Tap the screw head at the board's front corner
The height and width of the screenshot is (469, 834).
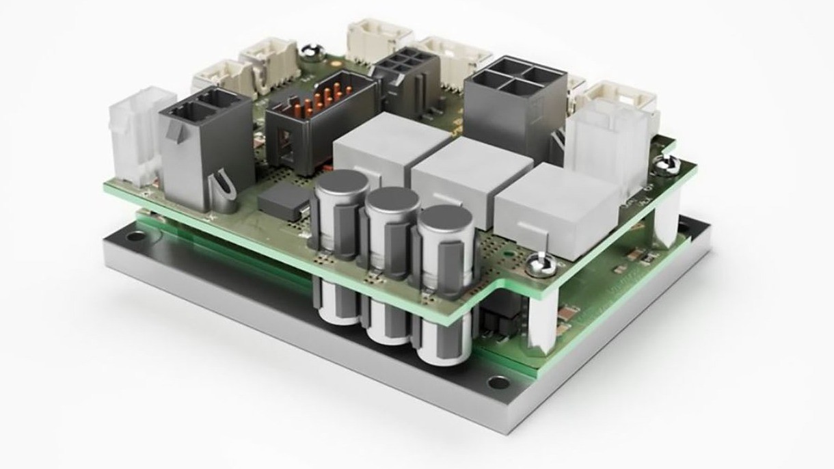point(538,260)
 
